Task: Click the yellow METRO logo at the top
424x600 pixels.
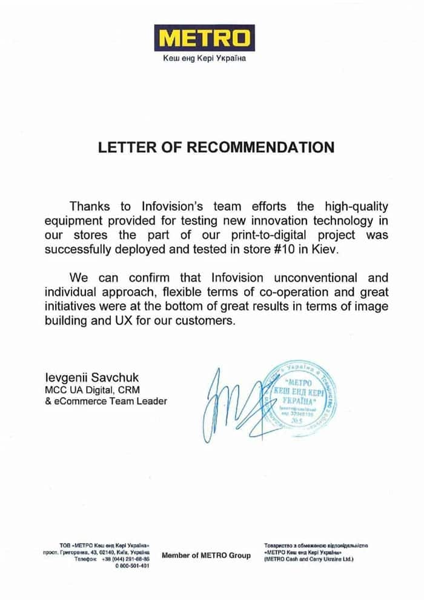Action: [204, 38]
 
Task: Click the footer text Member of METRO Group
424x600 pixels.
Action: [206, 556]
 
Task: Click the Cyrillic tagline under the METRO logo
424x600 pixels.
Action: [204, 59]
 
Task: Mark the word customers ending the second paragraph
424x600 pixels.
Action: [205, 321]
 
